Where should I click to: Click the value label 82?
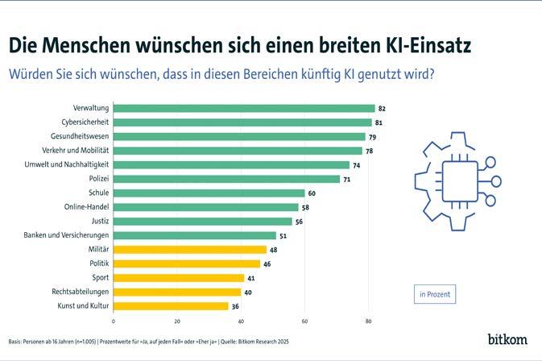(x=383, y=108)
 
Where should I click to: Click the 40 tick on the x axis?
(x=241, y=322)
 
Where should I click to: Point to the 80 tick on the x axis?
(x=369, y=322)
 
